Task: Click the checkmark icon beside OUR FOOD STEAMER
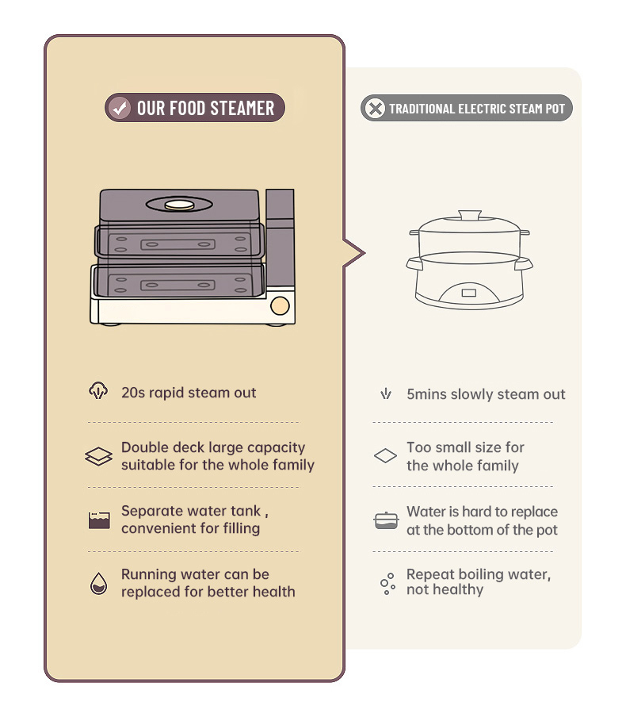pos(120,108)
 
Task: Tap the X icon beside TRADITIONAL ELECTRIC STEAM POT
pos(375,108)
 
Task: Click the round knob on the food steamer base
pos(280,305)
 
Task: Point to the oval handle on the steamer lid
pos(179,204)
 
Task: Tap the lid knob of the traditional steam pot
pos(470,215)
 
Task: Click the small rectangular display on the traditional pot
pos(468,293)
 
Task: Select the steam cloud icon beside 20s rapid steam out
pos(98,391)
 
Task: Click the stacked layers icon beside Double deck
pos(98,456)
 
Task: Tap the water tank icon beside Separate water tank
pos(99,520)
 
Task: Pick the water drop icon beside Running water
pos(98,583)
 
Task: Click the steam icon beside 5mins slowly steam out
pos(386,394)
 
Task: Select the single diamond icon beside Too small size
pos(385,456)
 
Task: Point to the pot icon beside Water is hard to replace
pos(386,520)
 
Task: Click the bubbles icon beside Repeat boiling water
pos(387,584)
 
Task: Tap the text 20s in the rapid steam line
pos(133,393)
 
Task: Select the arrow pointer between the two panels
pos(354,253)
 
